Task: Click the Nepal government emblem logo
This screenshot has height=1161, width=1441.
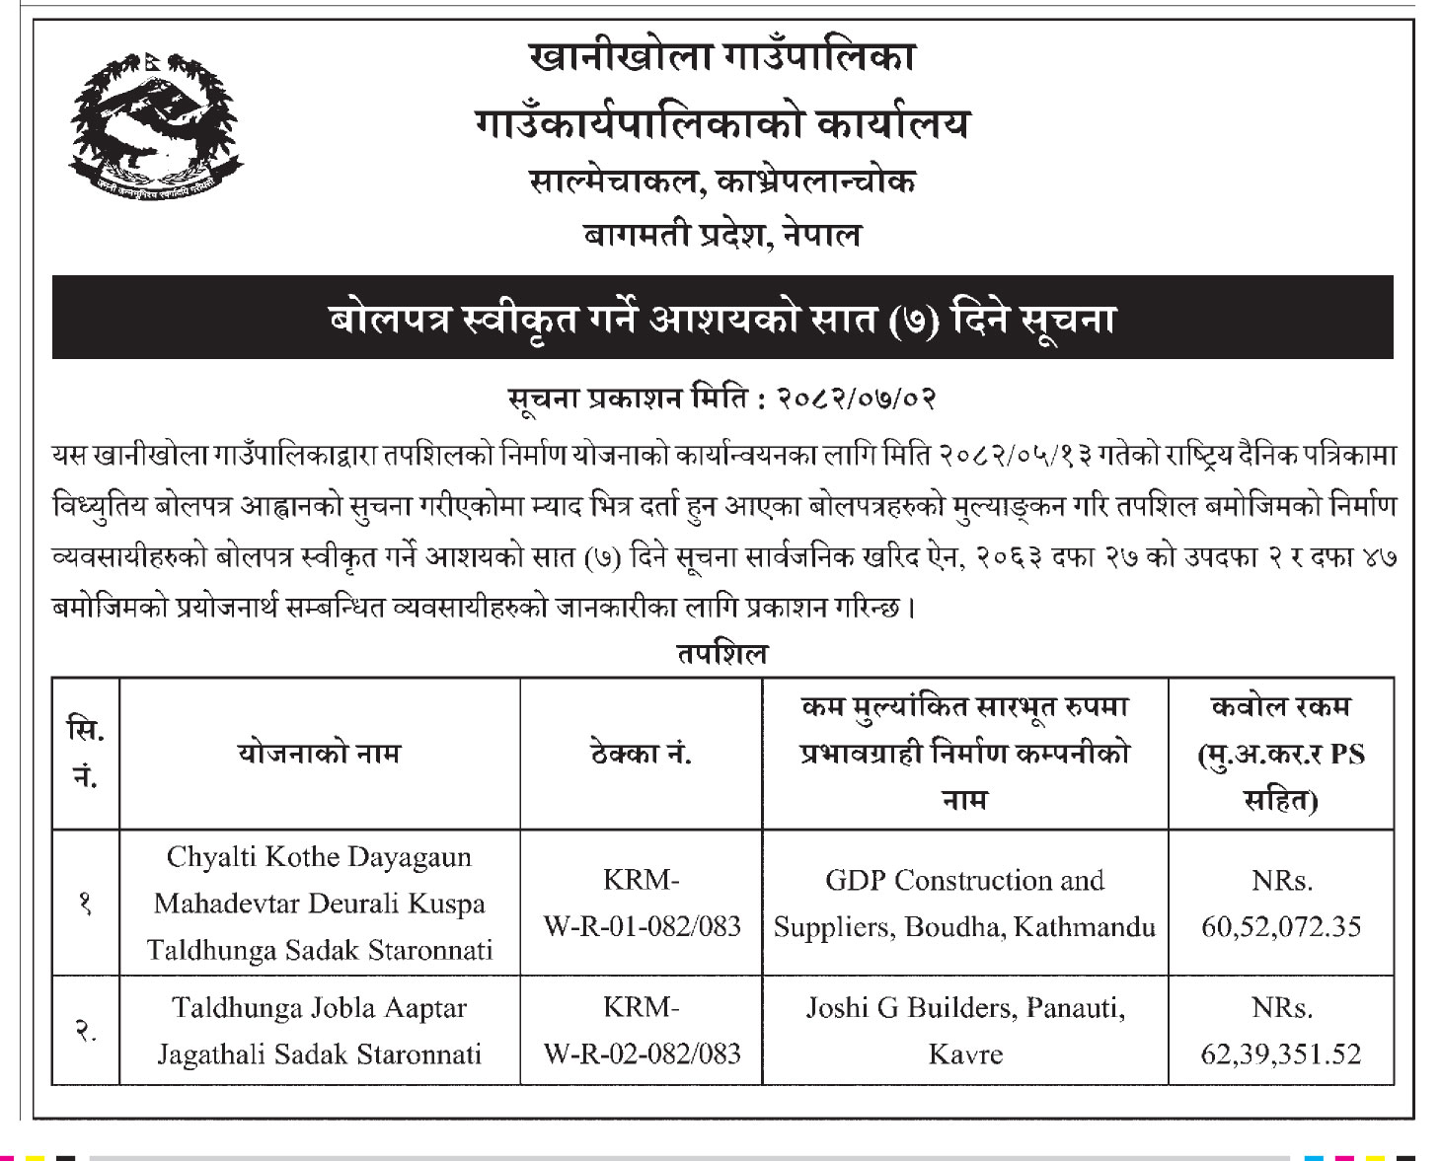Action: coord(156,125)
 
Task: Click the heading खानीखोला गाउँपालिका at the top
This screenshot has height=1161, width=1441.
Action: coord(721,57)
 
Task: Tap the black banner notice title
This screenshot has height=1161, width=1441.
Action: coord(721,319)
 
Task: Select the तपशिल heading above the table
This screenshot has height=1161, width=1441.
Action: coord(721,654)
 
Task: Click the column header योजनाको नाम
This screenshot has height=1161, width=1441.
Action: coord(319,754)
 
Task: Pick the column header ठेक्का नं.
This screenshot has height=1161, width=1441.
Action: coord(641,754)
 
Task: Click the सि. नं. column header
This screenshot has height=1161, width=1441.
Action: coord(86,754)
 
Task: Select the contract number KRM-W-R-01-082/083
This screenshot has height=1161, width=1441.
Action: coord(642,903)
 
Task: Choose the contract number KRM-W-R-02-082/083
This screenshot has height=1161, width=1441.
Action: coord(642,1031)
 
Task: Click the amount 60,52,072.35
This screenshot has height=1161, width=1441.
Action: coord(1280,927)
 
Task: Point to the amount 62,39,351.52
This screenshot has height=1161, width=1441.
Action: coord(1280,1054)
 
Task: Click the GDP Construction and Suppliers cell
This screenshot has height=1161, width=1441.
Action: coord(964,903)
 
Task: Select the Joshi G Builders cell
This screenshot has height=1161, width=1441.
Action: coord(964,1031)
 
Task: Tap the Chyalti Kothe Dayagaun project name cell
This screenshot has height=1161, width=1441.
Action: coord(319,903)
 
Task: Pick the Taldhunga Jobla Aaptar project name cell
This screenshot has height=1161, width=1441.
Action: coord(319,1031)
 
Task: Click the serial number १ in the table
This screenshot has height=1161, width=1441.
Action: coord(86,903)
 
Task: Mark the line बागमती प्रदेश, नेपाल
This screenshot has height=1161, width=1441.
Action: coord(721,235)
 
